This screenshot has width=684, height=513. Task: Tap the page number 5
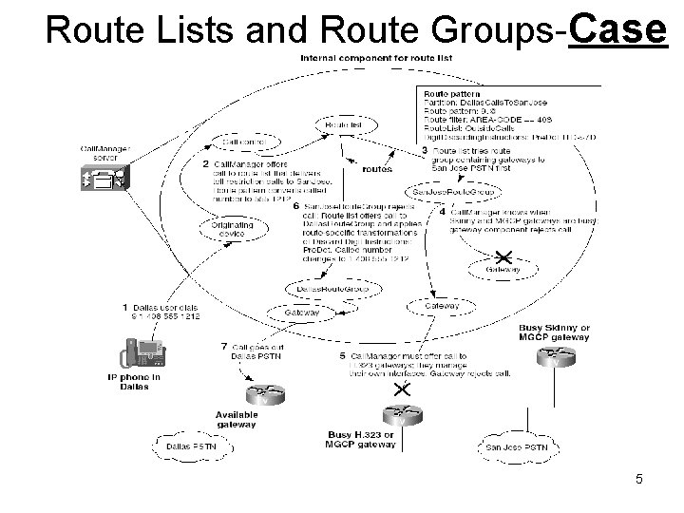coord(639,479)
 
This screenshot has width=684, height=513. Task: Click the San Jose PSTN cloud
coord(517,446)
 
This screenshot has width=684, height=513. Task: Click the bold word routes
coord(376,169)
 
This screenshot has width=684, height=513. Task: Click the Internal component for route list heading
coord(376,59)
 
